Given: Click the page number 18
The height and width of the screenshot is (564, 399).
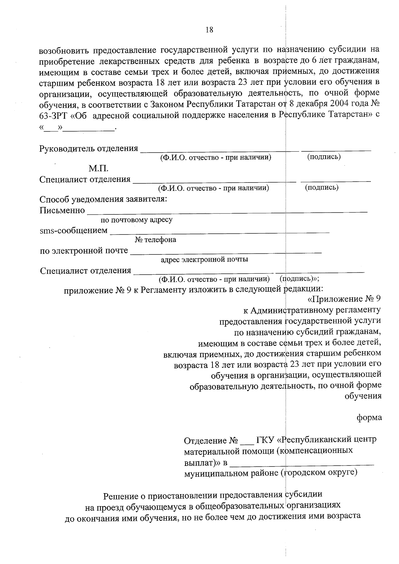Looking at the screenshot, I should [209, 30].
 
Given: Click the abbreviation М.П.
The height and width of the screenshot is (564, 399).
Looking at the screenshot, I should [98, 169].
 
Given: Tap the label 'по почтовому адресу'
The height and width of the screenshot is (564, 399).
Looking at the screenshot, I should [137, 220].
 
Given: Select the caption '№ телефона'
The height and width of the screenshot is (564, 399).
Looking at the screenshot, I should [155, 239].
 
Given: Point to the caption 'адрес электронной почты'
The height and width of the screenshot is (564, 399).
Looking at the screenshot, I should [204, 259].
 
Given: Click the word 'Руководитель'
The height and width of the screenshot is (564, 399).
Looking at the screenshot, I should [67, 148].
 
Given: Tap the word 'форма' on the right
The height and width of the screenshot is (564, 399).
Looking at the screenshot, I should [369, 417].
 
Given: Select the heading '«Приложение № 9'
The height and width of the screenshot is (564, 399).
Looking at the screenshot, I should [344, 299].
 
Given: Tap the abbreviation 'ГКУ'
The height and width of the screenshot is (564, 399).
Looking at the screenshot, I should [265, 440].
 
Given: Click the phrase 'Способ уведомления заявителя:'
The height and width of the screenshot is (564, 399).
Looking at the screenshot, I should [103, 200].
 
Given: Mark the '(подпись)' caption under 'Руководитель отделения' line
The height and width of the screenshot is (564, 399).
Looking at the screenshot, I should [324, 157].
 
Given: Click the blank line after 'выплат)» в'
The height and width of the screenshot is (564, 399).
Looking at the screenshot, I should [302, 463].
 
